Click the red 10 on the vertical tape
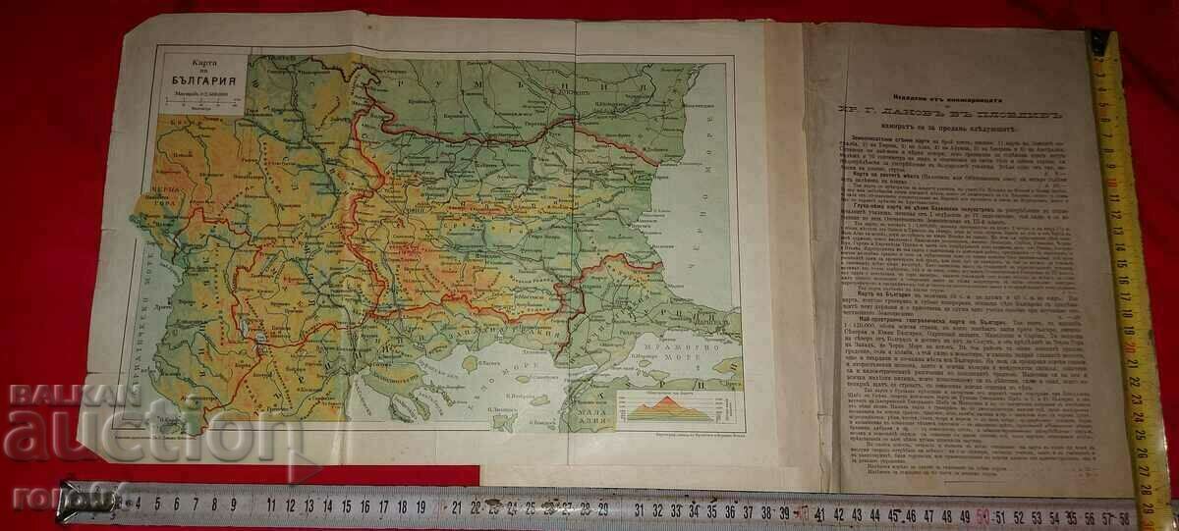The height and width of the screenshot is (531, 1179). (x=1108, y=183)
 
